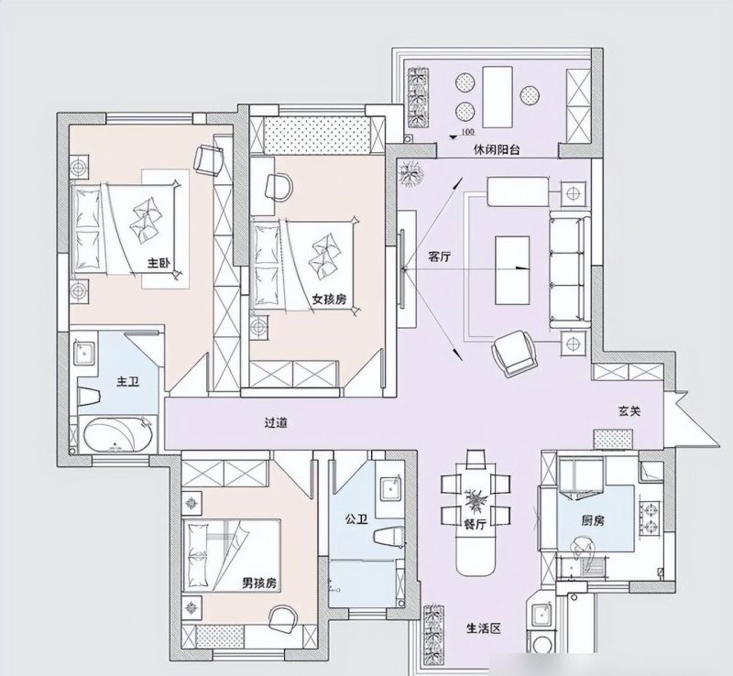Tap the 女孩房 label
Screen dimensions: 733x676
pyautogui.click(x=330, y=299)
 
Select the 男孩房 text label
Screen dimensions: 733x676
pyautogui.click(x=259, y=583)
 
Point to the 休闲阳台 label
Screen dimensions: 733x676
pyautogui.click(x=497, y=150)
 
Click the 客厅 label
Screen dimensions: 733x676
pyautogui.click(x=440, y=256)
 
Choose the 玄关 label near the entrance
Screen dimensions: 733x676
pyautogui.click(x=629, y=411)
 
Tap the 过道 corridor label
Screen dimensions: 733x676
pyautogui.click(x=276, y=422)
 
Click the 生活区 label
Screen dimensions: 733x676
pyautogui.click(x=484, y=627)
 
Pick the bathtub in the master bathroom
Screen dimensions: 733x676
pyautogui.click(x=119, y=435)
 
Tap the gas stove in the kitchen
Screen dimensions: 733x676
pyautogui.click(x=651, y=518)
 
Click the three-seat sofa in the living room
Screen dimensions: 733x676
pyautogui.click(x=567, y=269)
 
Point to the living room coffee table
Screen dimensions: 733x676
pyautogui.click(x=512, y=269)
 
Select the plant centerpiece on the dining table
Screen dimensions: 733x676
pyautogui.click(x=476, y=500)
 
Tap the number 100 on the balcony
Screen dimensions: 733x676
pyautogui.click(x=467, y=132)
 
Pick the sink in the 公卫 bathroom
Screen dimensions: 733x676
pyautogui.click(x=391, y=489)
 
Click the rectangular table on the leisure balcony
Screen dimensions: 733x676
pyautogui.click(x=498, y=97)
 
